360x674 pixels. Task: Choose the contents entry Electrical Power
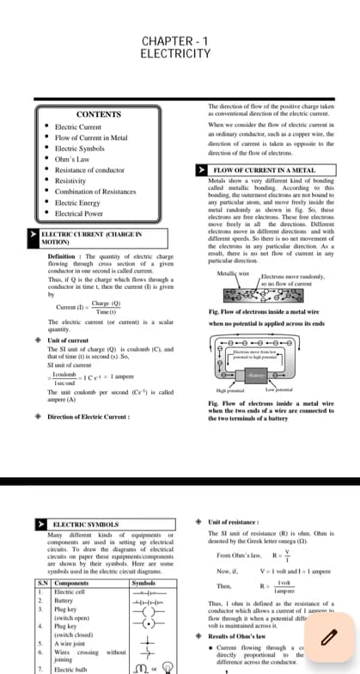80,213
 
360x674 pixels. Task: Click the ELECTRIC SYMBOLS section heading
85,524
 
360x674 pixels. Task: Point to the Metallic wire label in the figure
232,273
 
